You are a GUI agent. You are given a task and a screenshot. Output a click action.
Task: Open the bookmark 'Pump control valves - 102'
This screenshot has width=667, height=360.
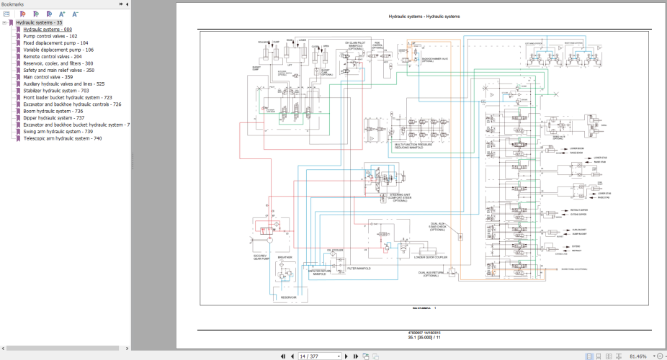pyautogui.click(x=50, y=35)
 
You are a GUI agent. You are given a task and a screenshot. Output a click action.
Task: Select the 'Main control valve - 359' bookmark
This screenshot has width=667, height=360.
pyautogui.click(x=48, y=76)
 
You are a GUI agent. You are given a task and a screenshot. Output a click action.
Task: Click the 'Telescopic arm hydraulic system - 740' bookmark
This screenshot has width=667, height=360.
pyautogui.click(x=63, y=138)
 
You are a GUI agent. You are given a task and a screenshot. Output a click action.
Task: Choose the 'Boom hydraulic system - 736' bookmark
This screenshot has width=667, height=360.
pyautogui.click(x=53, y=111)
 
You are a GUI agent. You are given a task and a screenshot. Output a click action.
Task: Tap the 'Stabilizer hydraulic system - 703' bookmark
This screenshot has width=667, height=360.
pyautogui.click(x=55, y=91)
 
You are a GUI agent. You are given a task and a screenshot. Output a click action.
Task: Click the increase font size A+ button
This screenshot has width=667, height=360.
pyautogui.click(x=63, y=14)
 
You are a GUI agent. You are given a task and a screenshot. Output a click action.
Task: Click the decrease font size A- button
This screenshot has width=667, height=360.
pyautogui.click(x=76, y=14)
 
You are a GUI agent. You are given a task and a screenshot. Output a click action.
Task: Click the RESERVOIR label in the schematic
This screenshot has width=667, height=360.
pyautogui.click(x=288, y=295)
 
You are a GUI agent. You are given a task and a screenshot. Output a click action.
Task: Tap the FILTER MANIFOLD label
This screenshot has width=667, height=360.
pyautogui.click(x=359, y=269)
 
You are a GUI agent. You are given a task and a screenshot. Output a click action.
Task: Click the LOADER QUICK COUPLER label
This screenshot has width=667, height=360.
pyautogui.click(x=431, y=256)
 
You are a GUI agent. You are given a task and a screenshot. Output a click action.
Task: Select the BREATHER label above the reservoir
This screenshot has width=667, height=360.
pyautogui.click(x=284, y=256)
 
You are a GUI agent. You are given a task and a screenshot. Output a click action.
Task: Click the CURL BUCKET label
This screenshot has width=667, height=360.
pyautogui.click(x=577, y=230)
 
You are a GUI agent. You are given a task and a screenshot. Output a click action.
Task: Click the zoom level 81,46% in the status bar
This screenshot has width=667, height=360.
pyautogui.click(x=638, y=356)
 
